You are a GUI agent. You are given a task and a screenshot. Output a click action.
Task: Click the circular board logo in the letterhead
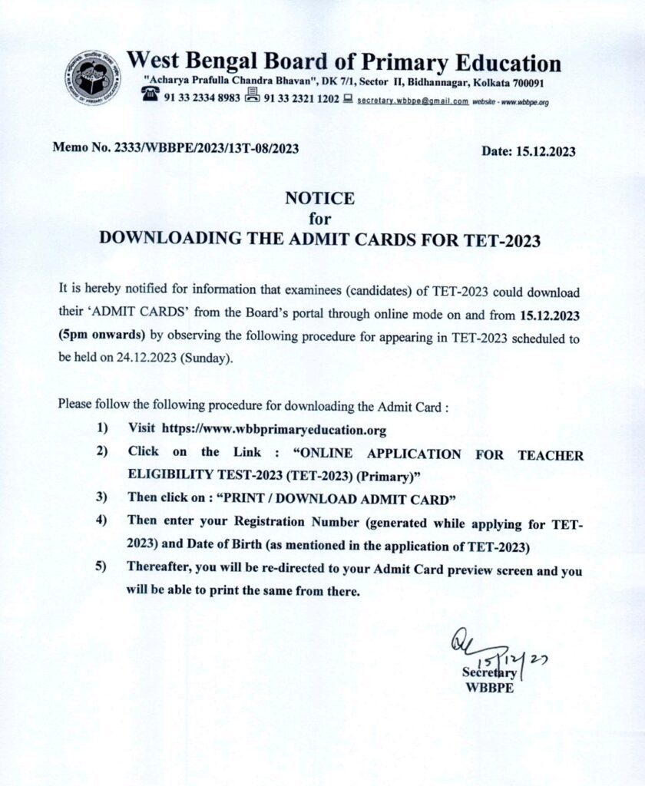[x=93, y=78]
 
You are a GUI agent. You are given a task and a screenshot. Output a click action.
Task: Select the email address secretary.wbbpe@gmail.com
[x=412, y=101]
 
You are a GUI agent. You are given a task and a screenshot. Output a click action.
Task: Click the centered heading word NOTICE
[x=320, y=199]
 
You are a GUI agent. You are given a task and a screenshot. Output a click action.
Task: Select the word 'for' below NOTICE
[x=320, y=219]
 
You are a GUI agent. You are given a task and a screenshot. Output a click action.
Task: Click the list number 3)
[x=101, y=497]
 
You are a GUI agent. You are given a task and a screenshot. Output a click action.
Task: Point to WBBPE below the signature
[x=488, y=688]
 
